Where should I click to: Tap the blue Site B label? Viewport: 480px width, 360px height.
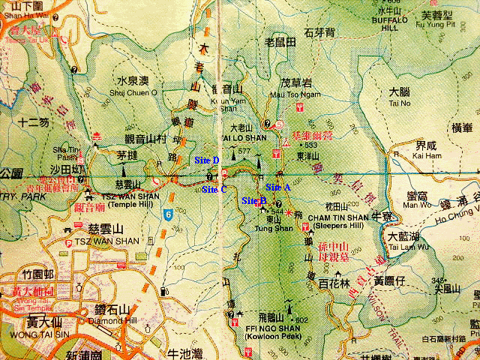[254, 201]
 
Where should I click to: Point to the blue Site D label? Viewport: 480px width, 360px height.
[206, 160]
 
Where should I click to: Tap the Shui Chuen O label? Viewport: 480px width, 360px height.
[136, 93]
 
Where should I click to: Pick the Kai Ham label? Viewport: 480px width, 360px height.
[426, 156]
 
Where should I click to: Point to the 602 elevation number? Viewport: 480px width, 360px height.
[303, 320]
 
